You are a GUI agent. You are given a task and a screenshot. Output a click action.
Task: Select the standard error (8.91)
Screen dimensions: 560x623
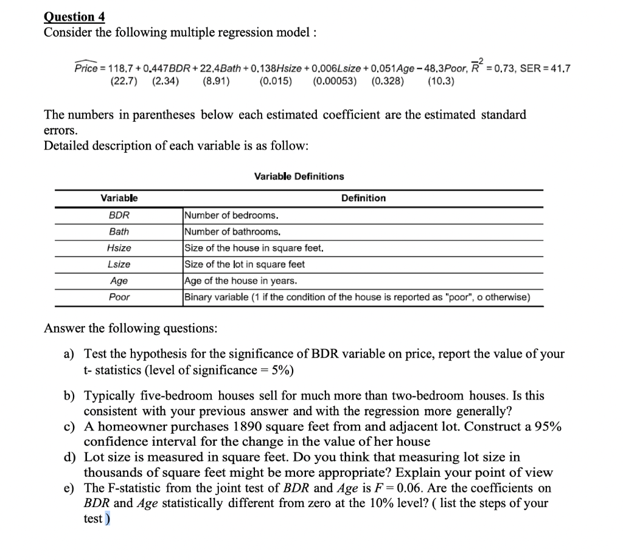click(215, 81)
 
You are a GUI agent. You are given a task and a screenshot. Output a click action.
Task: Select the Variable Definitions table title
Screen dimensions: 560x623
click(299, 176)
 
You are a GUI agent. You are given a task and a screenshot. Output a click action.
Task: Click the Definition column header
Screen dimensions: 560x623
click(363, 198)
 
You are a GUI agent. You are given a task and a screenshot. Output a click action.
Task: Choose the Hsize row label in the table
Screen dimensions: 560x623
click(119, 248)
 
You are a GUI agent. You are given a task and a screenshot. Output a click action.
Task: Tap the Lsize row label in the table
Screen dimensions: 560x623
click(119, 264)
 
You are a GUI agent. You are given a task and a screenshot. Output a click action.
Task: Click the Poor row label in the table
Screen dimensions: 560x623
click(119, 297)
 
